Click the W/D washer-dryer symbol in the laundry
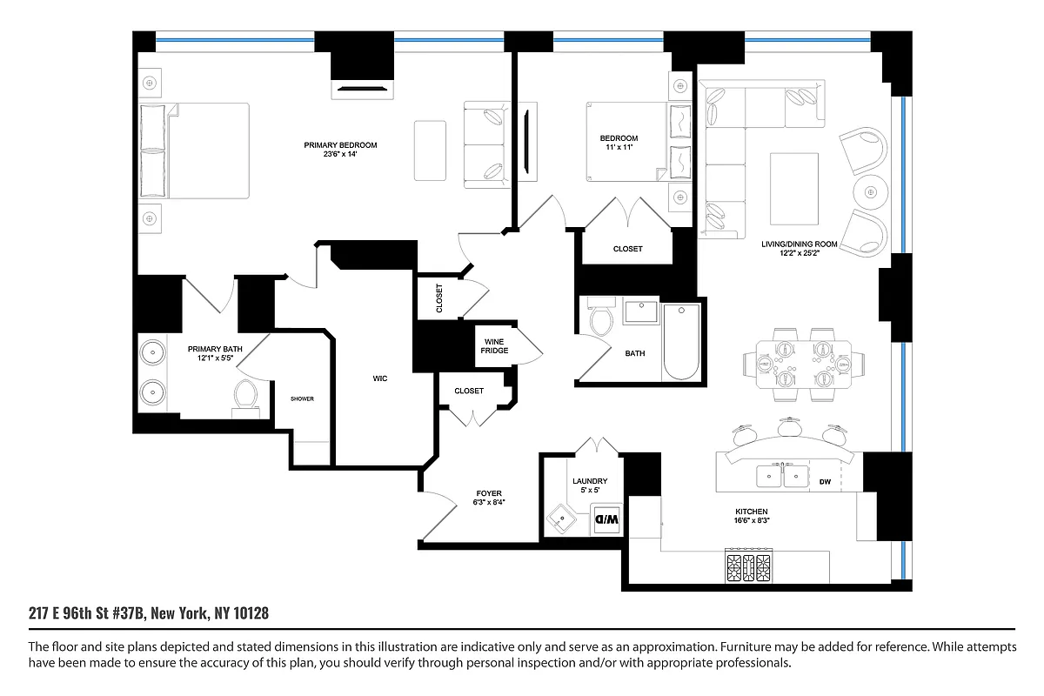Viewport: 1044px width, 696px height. point(605,519)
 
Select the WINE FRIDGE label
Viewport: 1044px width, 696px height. point(495,345)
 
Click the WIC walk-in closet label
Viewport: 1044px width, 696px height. point(379,378)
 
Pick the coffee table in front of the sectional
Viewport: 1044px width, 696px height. point(793,186)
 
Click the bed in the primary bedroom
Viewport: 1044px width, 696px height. point(196,151)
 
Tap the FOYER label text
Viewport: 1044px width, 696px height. point(488,493)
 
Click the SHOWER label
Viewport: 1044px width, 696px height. point(302,398)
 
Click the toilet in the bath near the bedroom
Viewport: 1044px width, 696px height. point(601,320)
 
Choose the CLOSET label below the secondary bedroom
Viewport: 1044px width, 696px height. point(627,249)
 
